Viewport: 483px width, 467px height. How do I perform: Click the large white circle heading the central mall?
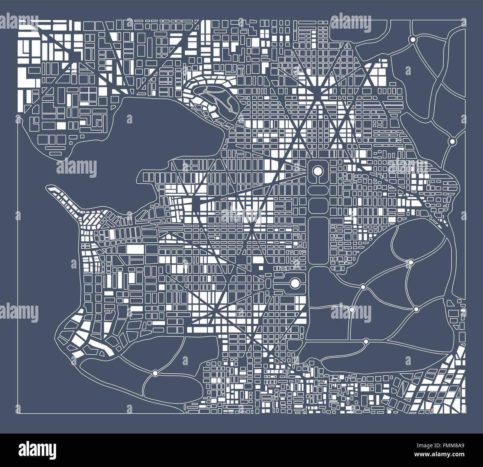(x=317, y=171)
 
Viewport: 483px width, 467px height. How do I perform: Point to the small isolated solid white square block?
(x=260, y=267)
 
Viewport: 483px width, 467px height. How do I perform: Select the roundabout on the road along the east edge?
(x=452, y=141)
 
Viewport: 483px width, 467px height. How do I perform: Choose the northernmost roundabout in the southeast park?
(x=410, y=263)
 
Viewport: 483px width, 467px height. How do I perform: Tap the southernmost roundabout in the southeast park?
(x=366, y=341)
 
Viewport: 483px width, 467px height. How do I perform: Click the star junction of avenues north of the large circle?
(x=318, y=89)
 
